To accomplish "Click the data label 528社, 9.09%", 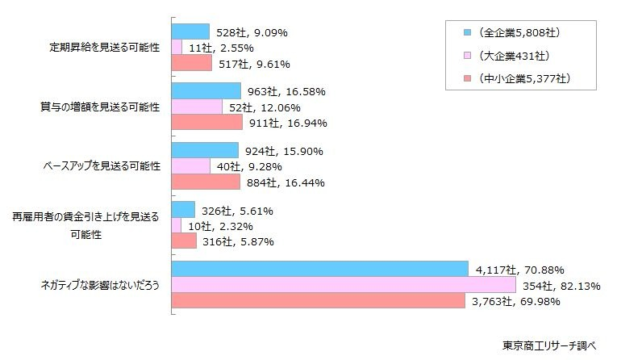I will click(252, 33).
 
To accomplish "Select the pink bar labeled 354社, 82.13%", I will click(344, 285).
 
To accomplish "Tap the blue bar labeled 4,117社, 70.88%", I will click(320, 269).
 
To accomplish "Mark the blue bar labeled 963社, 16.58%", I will click(206, 91).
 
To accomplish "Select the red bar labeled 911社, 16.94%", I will click(207, 123).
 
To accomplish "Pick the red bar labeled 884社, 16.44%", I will click(206, 182).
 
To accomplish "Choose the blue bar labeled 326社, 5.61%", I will click(184, 210).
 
